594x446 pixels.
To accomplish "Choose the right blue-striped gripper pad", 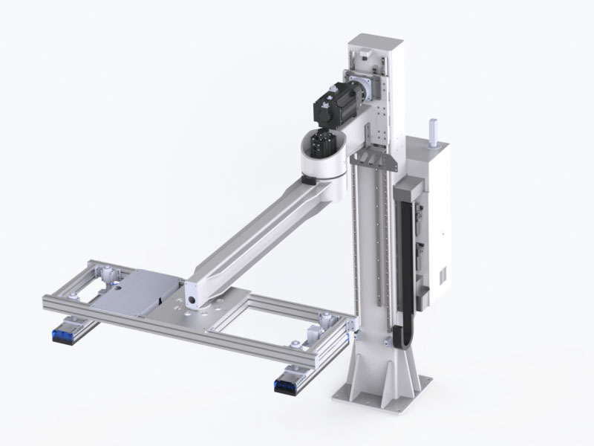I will coord(287,385).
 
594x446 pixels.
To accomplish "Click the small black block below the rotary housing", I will coord(307,181).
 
